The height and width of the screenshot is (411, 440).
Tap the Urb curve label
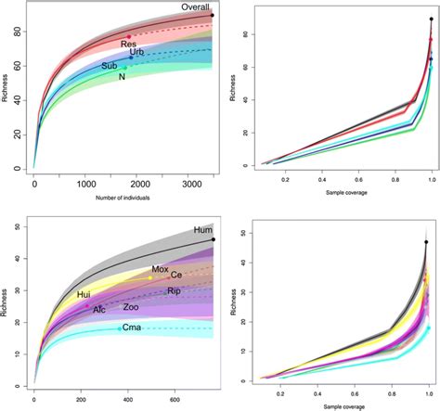(x=136, y=52)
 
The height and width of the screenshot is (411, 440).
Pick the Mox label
(x=161, y=269)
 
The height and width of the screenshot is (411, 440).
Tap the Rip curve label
(x=173, y=291)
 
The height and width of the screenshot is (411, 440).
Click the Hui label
(x=84, y=294)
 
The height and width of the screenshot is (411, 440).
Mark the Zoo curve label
(x=131, y=307)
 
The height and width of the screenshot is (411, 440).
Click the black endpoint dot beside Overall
(x=213, y=16)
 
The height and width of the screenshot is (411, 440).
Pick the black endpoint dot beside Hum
(x=214, y=239)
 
